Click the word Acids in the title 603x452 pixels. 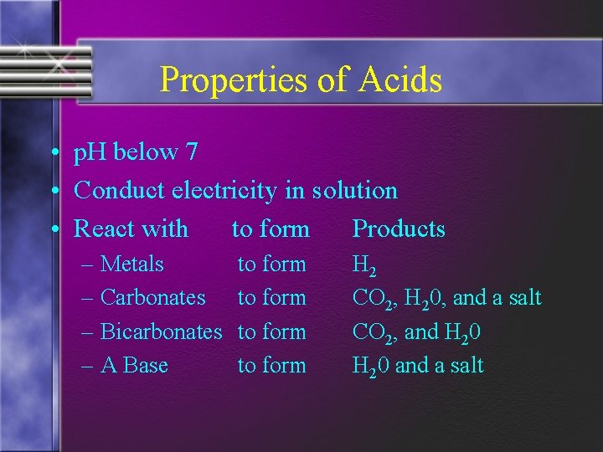coord(400,80)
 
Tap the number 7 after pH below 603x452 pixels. coord(192,152)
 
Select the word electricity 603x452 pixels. coord(224,190)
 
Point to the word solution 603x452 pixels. coord(355,191)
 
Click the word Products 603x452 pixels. coord(399,229)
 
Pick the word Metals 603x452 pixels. coord(131,264)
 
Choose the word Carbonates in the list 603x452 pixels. coord(152,297)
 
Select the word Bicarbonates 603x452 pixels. coord(161,331)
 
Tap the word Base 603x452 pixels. coord(146,365)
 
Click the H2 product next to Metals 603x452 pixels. coord(364,266)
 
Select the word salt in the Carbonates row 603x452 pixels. coord(523,297)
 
